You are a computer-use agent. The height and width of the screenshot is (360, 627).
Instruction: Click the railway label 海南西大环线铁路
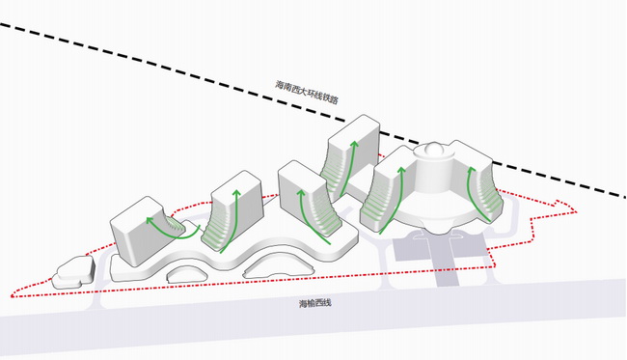pos(307,92)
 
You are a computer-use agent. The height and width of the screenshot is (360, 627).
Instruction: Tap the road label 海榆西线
pos(315,303)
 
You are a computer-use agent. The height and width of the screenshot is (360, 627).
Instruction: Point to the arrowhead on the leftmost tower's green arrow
pos(150,220)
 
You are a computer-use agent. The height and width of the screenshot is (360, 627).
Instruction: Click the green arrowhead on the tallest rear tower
pos(353,145)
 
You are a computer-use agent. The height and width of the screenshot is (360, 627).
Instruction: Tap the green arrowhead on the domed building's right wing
pos(471,169)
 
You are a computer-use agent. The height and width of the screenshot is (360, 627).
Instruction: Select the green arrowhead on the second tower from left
pos(236,194)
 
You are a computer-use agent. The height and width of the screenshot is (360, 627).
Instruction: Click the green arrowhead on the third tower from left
pos(301,194)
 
